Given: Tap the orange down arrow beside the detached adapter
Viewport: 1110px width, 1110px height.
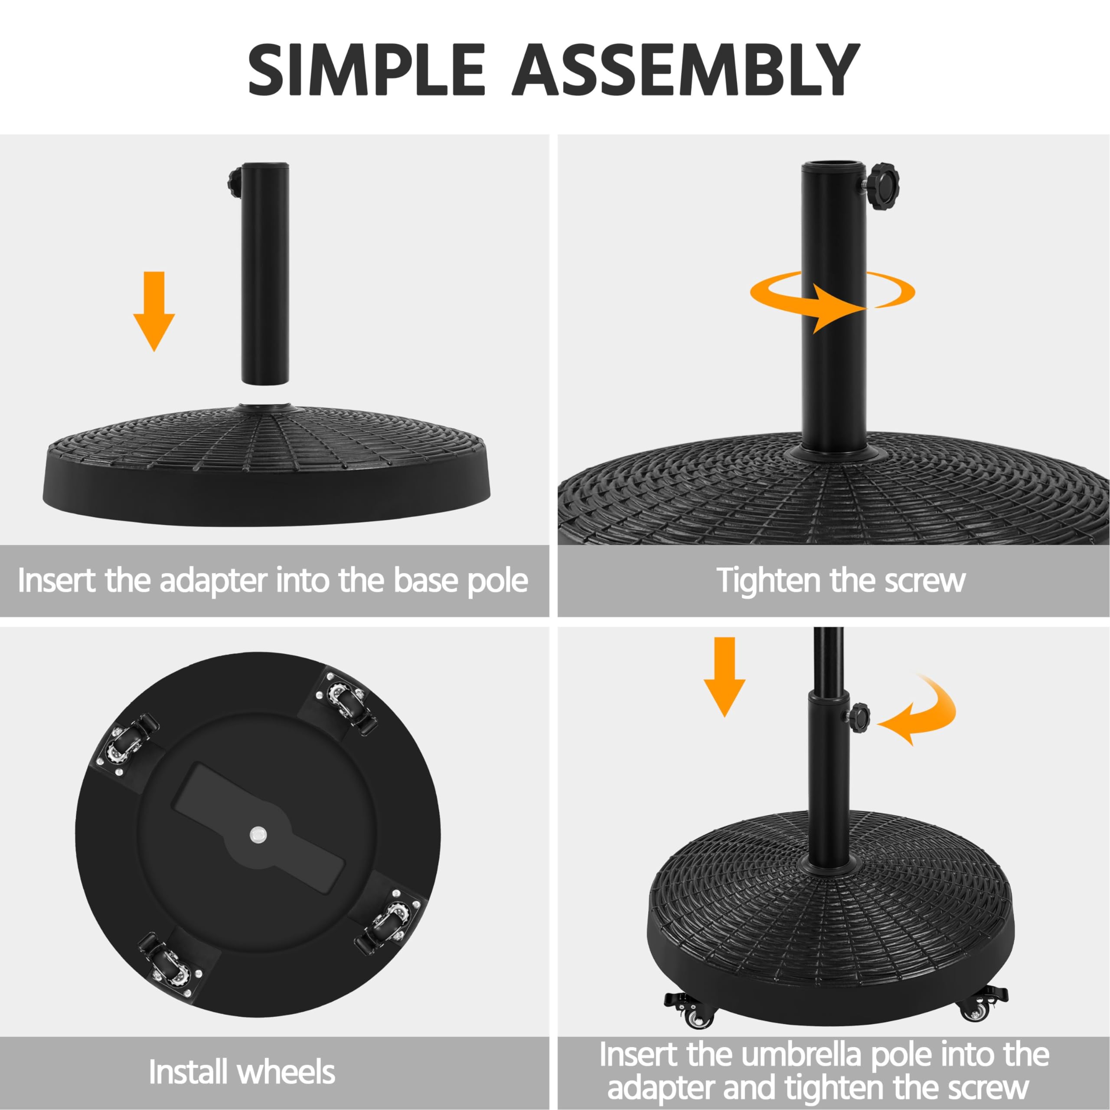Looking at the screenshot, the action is (x=154, y=311).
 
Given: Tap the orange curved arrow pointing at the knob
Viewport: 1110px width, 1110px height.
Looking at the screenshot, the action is (x=919, y=712).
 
